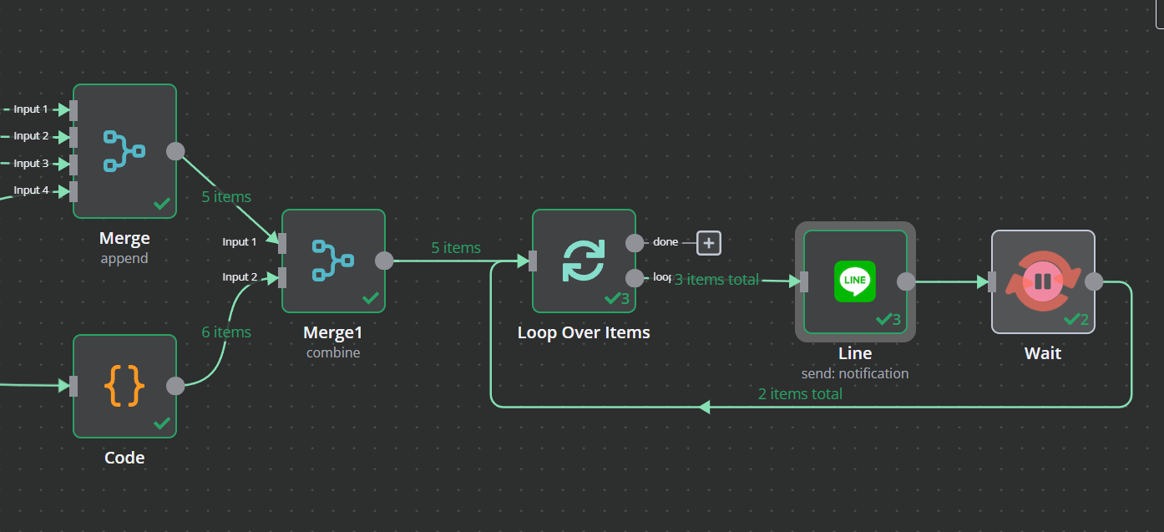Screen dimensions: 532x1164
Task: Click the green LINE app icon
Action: (x=855, y=281)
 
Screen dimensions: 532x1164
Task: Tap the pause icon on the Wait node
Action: (x=1043, y=281)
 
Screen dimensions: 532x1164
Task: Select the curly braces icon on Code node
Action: (x=124, y=386)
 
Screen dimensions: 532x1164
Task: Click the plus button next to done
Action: (x=709, y=243)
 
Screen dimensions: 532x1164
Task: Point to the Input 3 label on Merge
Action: (x=31, y=164)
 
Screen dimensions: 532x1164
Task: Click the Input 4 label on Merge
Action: (x=31, y=190)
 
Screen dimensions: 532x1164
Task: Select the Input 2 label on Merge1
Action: (x=240, y=277)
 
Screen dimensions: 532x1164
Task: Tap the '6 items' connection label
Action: (x=226, y=332)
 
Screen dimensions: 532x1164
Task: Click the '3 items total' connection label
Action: (x=716, y=280)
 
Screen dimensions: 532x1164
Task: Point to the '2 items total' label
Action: (x=800, y=394)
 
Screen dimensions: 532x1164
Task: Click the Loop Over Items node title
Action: (x=584, y=332)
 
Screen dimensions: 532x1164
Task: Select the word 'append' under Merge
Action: (x=124, y=259)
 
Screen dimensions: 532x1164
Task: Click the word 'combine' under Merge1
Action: (x=333, y=352)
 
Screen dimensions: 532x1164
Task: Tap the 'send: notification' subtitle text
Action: (x=855, y=373)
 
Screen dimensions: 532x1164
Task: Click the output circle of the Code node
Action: (x=175, y=386)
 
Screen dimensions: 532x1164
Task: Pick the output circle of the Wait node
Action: (x=1094, y=281)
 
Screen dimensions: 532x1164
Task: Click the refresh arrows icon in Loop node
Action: (x=584, y=260)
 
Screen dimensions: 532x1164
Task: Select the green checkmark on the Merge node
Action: (x=162, y=203)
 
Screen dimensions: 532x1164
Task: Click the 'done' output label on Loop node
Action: (x=666, y=242)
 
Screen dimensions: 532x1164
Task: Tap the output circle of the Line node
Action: (x=906, y=281)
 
